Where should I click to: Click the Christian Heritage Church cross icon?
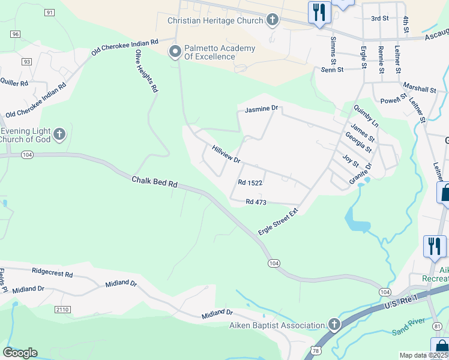coord(272,20)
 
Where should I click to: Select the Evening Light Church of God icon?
coord(59,134)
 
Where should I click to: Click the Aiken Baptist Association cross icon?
coord(334,325)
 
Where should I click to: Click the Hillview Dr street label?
coord(226,154)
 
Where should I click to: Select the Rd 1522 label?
coord(250,182)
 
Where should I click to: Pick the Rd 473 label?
coord(256,202)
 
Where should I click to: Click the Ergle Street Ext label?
coord(278,222)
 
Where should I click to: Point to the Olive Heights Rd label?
coord(146,71)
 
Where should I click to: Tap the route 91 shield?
coord(49,13)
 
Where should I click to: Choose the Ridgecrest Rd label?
coord(52,274)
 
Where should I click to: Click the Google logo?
coord(20,353)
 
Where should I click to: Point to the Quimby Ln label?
coord(366,115)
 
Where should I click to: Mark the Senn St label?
coord(332,70)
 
